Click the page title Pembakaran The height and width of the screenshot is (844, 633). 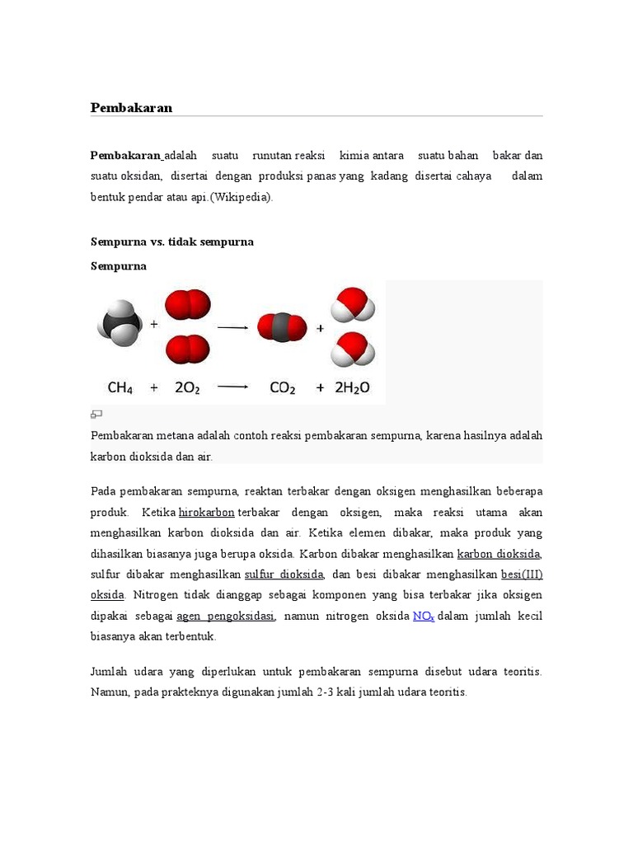pos(130,108)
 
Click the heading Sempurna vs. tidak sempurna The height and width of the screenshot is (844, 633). pos(171,241)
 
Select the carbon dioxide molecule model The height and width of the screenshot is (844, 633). pos(282,327)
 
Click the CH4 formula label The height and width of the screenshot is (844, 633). pos(120,387)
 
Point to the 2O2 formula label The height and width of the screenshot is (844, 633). pos(187,387)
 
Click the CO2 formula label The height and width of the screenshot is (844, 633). pos(282,387)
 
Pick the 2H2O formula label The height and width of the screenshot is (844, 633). pos(352,387)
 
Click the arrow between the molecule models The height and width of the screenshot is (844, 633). pos(232,327)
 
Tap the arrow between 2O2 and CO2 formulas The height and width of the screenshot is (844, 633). pos(232,387)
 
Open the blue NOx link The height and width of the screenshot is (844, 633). pos(424,616)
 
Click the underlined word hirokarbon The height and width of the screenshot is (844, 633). pos(207,513)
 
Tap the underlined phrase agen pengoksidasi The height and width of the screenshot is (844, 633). pos(225,616)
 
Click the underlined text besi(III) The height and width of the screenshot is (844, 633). pos(522,574)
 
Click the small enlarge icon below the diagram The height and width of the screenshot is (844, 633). pos(96,414)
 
